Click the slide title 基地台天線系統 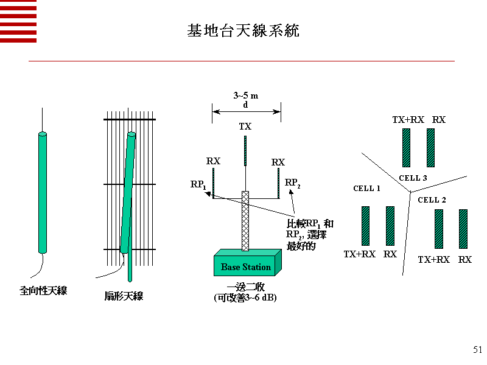(x=243, y=30)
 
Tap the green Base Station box (x=246, y=266)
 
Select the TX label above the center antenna (x=245, y=127)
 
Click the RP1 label (x=198, y=184)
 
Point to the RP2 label (x=293, y=182)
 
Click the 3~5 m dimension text (x=246, y=96)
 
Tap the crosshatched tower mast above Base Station (x=245, y=220)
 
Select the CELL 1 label (x=366, y=189)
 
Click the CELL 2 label (x=432, y=200)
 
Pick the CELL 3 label (x=413, y=178)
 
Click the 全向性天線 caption (x=43, y=291)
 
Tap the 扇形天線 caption (x=124, y=296)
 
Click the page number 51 (x=477, y=349)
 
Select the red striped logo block (x=18, y=21)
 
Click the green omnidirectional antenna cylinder (x=42, y=192)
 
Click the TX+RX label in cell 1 (x=359, y=254)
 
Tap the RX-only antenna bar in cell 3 (x=430, y=147)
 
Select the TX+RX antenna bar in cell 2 (x=438, y=229)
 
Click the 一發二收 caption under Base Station (x=245, y=287)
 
